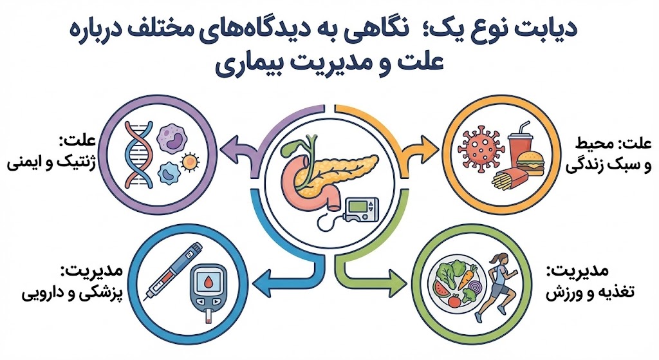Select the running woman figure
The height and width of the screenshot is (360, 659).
pos(497,287)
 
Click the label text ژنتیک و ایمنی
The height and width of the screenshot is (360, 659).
pos(51,163)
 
